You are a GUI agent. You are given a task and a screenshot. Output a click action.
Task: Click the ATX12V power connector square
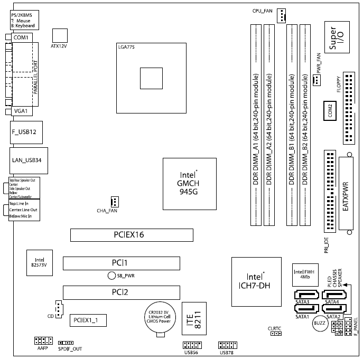[61, 34]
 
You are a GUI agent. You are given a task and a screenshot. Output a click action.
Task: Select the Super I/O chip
[337, 39]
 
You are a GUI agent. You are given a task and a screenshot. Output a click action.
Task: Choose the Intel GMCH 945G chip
[189, 182]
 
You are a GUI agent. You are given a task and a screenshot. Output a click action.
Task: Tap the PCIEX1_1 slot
[89, 319]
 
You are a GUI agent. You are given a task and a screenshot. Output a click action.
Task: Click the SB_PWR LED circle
[111, 276]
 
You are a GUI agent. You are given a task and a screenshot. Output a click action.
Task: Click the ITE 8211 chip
[193, 319]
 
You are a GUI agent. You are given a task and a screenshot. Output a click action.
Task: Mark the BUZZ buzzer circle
[320, 324]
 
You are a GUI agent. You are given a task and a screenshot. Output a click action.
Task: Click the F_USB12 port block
[24, 132]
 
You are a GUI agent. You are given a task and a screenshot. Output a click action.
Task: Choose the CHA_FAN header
[114, 202]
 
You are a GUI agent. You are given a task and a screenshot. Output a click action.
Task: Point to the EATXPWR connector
[347, 195]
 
